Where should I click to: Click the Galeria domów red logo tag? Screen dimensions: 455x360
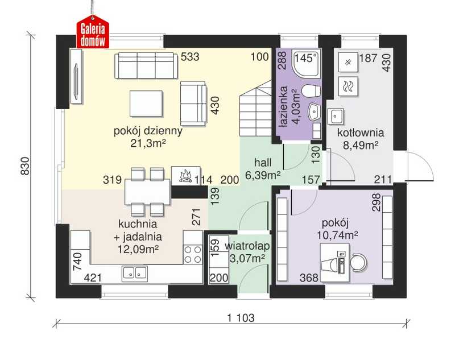(x=93, y=32)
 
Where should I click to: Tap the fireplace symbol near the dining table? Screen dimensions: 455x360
(x=186, y=176)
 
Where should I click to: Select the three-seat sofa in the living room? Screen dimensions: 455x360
(x=146, y=65)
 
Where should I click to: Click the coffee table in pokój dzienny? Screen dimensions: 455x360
(x=146, y=104)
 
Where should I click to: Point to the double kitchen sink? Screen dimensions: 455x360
(x=135, y=273)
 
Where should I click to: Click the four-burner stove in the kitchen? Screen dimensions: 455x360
(x=193, y=254)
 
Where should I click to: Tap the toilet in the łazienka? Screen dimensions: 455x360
(x=311, y=91)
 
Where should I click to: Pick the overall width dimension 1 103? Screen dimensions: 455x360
(x=241, y=318)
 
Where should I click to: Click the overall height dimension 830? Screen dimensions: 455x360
(x=26, y=166)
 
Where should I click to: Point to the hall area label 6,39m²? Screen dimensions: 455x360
(x=263, y=175)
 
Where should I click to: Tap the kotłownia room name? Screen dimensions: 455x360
(x=361, y=133)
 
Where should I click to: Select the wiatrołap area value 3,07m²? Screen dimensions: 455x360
(x=247, y=258)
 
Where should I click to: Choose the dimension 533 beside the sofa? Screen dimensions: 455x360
(x=190, y=57)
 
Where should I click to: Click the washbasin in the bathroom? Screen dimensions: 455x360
(x=314, y=112)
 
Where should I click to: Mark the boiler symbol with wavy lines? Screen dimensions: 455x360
(x=348, y=86)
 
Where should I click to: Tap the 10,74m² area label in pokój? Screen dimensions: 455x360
(x=337, y=235)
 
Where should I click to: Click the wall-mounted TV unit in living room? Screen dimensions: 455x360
(x=77, y=76)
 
